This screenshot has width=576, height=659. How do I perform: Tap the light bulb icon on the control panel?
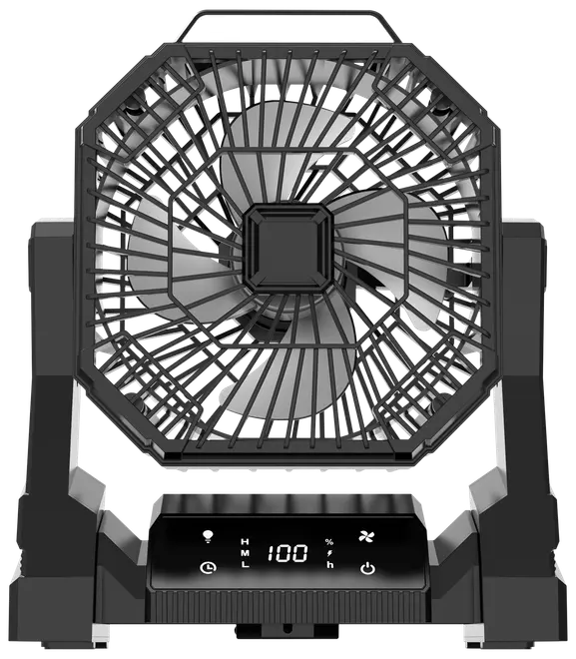208,536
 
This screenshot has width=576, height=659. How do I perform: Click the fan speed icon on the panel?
366,536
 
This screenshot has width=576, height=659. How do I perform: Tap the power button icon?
367,568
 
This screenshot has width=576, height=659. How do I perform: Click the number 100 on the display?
288,553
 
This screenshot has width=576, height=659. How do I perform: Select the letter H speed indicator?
245,541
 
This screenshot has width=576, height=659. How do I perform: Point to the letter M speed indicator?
245,553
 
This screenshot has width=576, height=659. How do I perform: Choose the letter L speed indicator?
245,564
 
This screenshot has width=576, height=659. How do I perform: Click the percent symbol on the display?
329,542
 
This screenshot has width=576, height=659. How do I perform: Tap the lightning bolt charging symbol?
329,553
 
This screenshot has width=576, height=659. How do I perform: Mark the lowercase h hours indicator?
330,564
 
